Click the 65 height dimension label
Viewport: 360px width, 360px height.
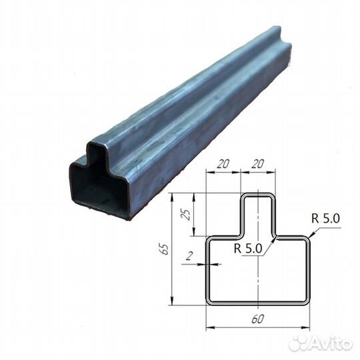point(165,249)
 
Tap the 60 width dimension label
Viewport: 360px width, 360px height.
point(257,319)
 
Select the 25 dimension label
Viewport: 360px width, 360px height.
point(187,214)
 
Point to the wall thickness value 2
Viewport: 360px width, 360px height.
point(189,256)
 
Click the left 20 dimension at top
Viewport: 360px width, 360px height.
point(223,164)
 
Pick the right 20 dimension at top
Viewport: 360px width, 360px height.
point(257,164)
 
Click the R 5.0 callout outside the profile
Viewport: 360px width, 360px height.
point(325,219)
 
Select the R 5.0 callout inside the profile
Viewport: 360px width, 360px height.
point(248,248)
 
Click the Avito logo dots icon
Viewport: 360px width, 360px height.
point(299,344)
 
